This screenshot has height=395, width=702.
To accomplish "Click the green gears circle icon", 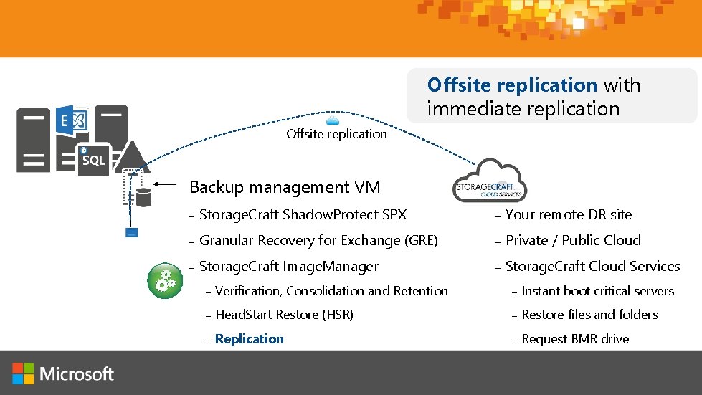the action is coord(165,280).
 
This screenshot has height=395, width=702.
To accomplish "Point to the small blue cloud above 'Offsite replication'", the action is coord(333,120).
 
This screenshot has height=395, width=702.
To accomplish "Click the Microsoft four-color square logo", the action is coord(23,373).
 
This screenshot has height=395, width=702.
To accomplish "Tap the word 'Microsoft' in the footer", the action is coord(77,373).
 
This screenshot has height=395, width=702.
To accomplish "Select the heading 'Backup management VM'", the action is coord(285,187).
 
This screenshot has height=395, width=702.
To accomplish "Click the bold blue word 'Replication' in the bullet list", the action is coord(250,339).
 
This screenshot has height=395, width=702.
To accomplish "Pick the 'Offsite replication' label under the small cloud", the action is coord(336,134).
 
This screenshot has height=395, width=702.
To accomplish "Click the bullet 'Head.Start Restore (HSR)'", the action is coord(284,315).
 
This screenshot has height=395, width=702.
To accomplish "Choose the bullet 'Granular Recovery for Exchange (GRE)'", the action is coord(318,241).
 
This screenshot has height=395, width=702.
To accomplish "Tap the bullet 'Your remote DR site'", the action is coord(569,214).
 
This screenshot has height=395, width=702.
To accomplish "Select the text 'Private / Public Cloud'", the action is coord(573,240).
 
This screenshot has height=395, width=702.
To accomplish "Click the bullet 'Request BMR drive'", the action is coord(575,339).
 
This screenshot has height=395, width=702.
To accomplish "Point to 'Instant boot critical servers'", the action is coord(597,291).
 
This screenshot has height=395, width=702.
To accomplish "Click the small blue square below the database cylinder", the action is coord(131,232).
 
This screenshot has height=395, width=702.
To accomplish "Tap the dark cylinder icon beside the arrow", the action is coord(143,195).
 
